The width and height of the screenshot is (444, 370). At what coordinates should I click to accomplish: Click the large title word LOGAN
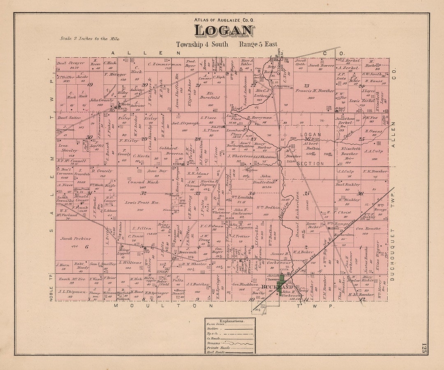(x=224, y=31)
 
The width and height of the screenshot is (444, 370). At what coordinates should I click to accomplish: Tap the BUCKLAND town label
(x=270, y=287)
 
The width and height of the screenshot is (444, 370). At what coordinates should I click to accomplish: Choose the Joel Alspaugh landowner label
(x=185, y=123)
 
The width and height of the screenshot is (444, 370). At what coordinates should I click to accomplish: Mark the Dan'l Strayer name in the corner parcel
(x=71, y=63)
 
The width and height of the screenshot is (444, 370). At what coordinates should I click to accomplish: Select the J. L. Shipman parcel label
(x=72, y=291)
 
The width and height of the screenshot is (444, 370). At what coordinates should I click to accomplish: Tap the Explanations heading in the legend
(x=231, y=321)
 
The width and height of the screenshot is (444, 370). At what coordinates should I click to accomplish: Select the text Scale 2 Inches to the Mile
(x=90, y=39)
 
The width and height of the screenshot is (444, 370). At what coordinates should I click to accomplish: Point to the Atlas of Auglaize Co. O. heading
(x=224, y=19)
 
